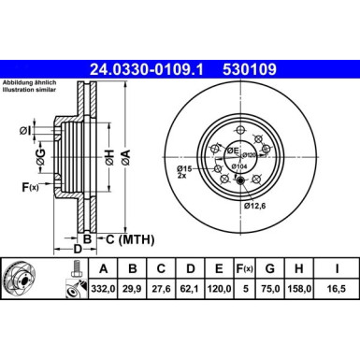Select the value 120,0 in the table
(x=222, y=290)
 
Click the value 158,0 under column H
(x=302, y=290)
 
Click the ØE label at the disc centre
(x=232, y=149)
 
